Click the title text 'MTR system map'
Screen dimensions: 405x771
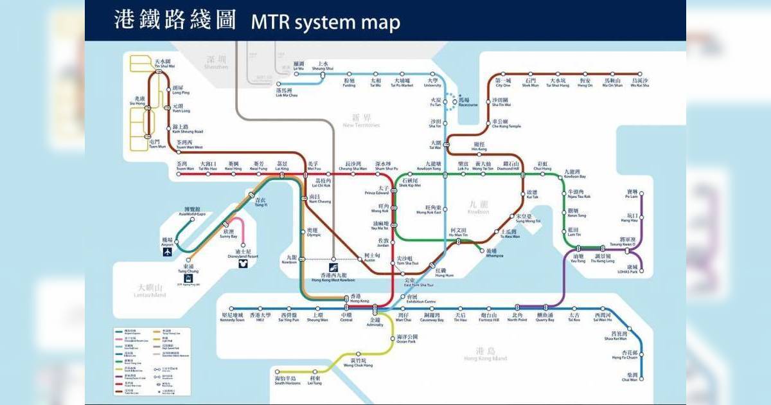(x=325, y=22)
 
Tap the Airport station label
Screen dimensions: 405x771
(x=168, y=242)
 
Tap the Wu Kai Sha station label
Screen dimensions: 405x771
(x=640, y=83)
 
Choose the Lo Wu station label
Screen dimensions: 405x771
(x=298, y=66)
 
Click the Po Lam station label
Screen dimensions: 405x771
(x=632, y=195)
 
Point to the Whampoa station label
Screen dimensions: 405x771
(x=492, y=253)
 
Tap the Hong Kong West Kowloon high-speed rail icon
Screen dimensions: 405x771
(x=333, y=266)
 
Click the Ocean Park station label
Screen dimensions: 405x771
(x=407, y=339)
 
